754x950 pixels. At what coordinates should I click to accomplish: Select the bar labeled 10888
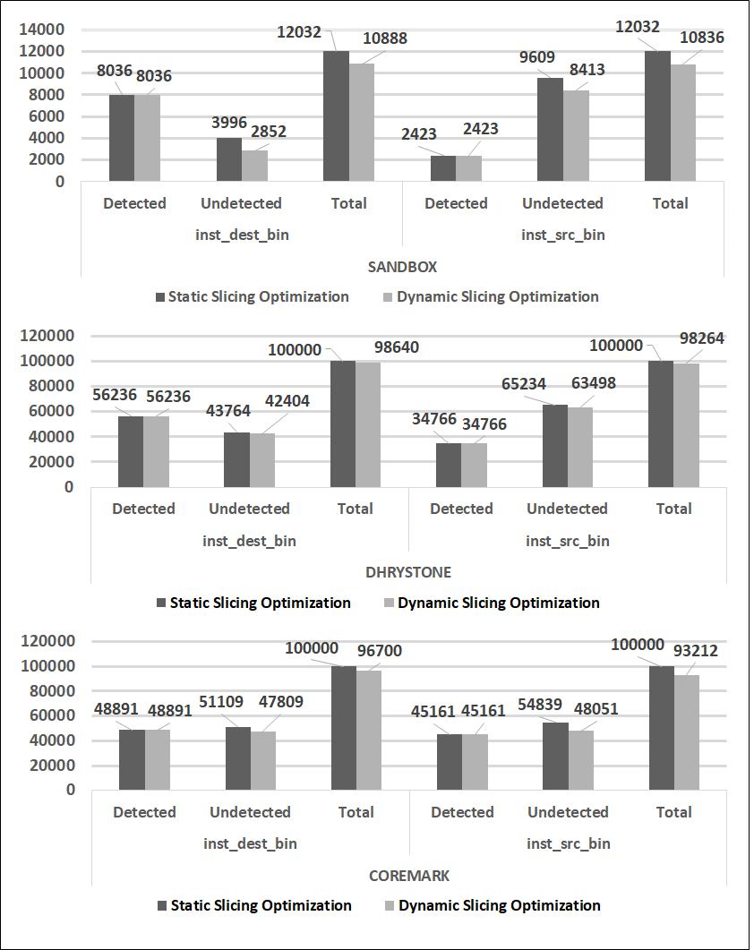362,122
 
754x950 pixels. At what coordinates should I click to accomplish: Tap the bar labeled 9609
550,129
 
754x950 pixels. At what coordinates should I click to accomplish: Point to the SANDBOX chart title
401,267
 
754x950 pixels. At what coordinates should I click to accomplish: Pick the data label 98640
395,347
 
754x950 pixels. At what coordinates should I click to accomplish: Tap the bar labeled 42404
262,459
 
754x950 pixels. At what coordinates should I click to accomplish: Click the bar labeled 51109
237,757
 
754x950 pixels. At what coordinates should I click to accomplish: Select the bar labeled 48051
580,759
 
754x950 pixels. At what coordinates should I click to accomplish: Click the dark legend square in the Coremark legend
162,905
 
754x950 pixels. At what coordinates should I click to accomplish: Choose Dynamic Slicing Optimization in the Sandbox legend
497,296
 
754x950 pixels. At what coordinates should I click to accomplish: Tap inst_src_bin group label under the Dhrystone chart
567,541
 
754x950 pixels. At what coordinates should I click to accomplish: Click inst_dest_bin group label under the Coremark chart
250,843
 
